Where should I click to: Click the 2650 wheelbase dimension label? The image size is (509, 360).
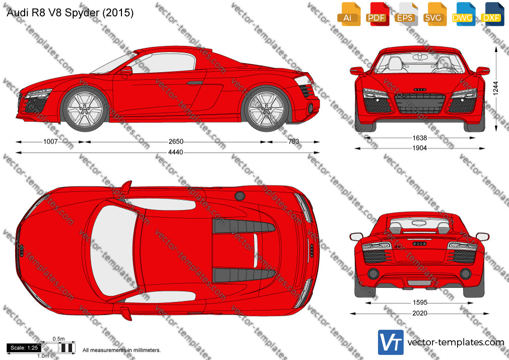tap(175, 142)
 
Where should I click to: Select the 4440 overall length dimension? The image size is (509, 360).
tap(175, 152)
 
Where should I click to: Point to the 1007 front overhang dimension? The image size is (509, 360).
tap(50, 142)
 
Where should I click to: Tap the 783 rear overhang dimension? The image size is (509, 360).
tap(293, 142)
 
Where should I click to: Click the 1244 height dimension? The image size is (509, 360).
tap(495, 88)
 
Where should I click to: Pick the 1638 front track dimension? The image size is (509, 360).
tap(419, 138)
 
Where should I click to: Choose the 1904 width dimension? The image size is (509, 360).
tap(419, 148)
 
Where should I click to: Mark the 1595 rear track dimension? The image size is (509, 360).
tap(420, 303)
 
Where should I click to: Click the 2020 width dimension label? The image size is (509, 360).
tap(420, 313)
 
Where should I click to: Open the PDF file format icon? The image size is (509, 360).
tap(377, 14)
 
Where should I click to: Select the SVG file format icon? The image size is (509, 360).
tap(434, 14)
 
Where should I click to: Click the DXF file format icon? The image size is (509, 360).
tap(492, 14)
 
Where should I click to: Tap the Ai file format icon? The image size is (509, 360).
tap(348, 14)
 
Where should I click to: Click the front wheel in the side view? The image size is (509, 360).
tap(85, 109)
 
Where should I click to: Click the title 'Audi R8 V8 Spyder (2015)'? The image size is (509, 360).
tap(70, 13)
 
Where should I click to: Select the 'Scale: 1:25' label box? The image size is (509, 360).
tap(24, 348)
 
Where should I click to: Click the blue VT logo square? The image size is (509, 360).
tap(391, 342)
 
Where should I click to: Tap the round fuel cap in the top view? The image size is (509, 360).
tap(239, 196)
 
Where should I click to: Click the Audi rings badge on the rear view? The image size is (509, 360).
tap(419, 244)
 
